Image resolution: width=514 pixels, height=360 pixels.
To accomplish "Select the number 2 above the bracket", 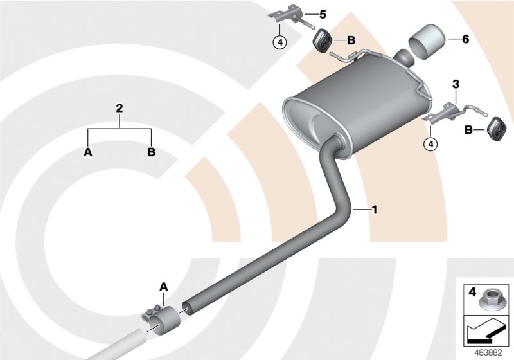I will (119, 109).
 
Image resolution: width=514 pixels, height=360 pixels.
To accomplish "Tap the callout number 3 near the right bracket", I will (456, 84).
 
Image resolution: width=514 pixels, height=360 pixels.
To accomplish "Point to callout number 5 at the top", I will (323, 14).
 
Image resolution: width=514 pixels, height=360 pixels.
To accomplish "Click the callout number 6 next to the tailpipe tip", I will (465, 39).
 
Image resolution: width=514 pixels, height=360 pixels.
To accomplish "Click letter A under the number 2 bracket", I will (87, 152).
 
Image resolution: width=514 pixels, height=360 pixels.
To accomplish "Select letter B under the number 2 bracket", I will (151, 152).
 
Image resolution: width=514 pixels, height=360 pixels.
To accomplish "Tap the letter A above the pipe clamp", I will (163, 286).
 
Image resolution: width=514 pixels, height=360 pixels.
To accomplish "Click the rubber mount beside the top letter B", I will (321, 41).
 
